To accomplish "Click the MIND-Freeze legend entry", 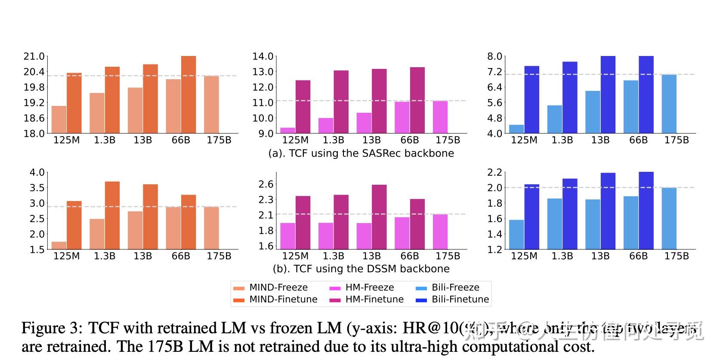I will click(x=278, y=288).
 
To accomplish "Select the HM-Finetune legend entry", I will click(x=374, y=300).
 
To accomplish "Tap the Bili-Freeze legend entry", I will click(x=455, y=288).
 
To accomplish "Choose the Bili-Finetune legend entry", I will click(x=460, y=300).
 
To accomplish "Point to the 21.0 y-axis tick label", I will click(x=34, y=56).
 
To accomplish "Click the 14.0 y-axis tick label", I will click(x=263, y=56).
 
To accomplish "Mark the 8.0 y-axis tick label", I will click(x=494, y=56).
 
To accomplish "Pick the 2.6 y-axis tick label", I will click(x=266, y=184).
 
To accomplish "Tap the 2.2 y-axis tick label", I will click(x=494, y=173).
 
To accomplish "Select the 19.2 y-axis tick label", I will click(x=34, y=103).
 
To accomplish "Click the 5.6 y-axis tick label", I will click(x=494, y=103).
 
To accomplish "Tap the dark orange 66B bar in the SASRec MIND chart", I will click(x=188, y=95).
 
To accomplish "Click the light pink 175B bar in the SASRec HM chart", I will click(x=440, y=117).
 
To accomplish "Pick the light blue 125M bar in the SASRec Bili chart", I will click(x=516, y=129).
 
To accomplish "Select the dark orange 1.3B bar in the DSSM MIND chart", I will click(x=112, y=215).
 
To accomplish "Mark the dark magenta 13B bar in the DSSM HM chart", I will click(x=379, y=217).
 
